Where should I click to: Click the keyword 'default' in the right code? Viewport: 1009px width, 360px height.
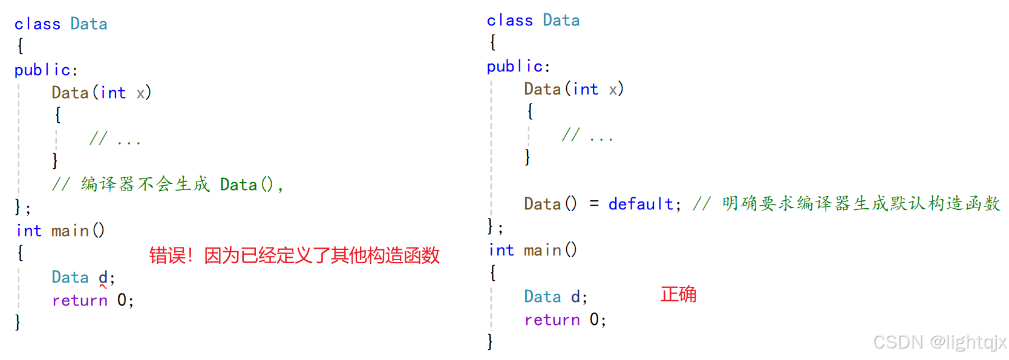641,205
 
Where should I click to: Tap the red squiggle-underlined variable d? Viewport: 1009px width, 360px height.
103,278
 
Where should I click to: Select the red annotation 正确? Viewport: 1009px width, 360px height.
678,295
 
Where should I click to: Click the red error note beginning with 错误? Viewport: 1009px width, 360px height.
294,255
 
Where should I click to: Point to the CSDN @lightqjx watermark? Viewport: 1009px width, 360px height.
939,342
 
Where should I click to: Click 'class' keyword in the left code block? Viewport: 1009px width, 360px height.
38,24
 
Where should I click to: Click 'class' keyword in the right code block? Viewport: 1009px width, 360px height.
510,21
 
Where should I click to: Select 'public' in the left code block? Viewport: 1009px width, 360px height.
42,70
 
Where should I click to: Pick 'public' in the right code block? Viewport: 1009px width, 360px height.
515,67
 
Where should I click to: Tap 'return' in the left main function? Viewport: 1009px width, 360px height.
80,301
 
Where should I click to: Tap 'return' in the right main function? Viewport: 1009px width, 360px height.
552,320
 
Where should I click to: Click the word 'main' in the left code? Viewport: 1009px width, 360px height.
70,231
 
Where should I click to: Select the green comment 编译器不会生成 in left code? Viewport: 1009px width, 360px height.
145,185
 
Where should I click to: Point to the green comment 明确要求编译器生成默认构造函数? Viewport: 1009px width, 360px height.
860,204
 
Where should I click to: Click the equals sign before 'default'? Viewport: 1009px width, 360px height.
594,205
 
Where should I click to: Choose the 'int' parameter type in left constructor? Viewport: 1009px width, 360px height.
113,93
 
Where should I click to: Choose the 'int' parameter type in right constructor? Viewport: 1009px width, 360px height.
586,90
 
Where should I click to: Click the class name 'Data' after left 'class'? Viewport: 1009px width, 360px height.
89,24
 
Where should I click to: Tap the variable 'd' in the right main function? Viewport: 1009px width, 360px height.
575,297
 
